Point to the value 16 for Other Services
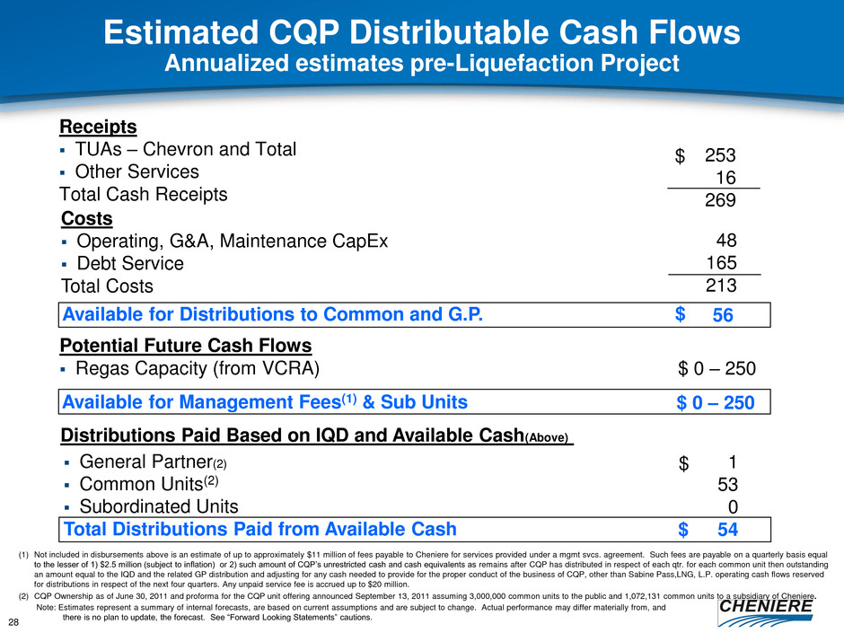pyautogui.click(x=726, y=180)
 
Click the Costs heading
pyautogui.click(x=87, y=218)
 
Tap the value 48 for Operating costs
pyautogui.click(x=726, y=241)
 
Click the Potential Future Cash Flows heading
pyautogui.click(x=186, y=346)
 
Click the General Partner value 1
pyautogui.click(x=733, y=463)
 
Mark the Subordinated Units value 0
pyautogui.click(x=733, y=506)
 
